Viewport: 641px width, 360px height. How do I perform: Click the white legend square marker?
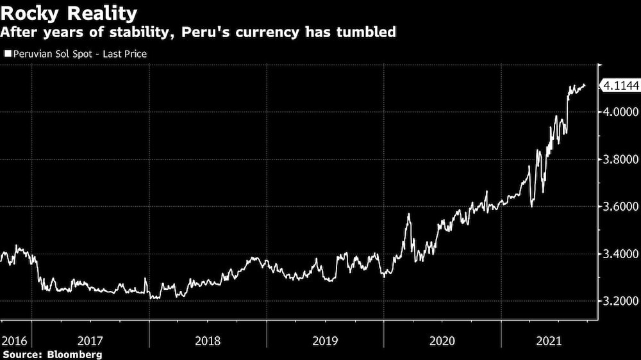pos(7,54)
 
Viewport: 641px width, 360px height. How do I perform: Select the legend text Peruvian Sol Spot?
pos(51,54)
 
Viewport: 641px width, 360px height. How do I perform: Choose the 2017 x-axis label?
pos(90,341)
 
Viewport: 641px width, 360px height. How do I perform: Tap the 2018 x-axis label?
pos(208,341)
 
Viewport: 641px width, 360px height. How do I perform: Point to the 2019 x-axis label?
pos(325,341)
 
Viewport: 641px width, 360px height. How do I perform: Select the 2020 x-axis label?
pos(442,341)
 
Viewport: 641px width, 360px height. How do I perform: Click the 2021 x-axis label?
pos(550,341)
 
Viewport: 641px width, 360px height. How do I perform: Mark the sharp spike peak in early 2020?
pos(408,214)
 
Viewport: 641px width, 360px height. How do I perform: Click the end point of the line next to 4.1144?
pos(584,85)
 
